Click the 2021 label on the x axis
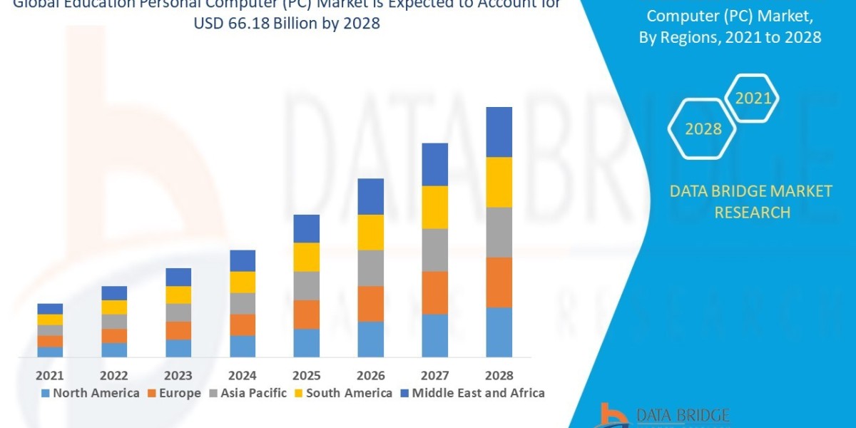[x=50, y=375]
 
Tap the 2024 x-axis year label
[x=243, y=375]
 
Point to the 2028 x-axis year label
[x=499, y=375]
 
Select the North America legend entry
[x=90, y=393]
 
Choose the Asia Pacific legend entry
[x=247, y=393]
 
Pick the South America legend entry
[x=342, y=393]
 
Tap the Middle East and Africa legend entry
[x=472, y=393]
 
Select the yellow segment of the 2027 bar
[x=434, y=207]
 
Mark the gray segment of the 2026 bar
[x=370, y=267]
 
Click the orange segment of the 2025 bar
[x=306, y=314]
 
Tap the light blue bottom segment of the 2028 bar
[x=499, y=332]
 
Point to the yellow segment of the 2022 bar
[x=114, y=307]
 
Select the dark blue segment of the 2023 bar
[x=178, y=277]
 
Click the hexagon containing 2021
[x=752, y=98]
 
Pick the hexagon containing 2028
[x=702, y=129]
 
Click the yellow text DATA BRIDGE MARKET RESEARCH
[x=751, y=201]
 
